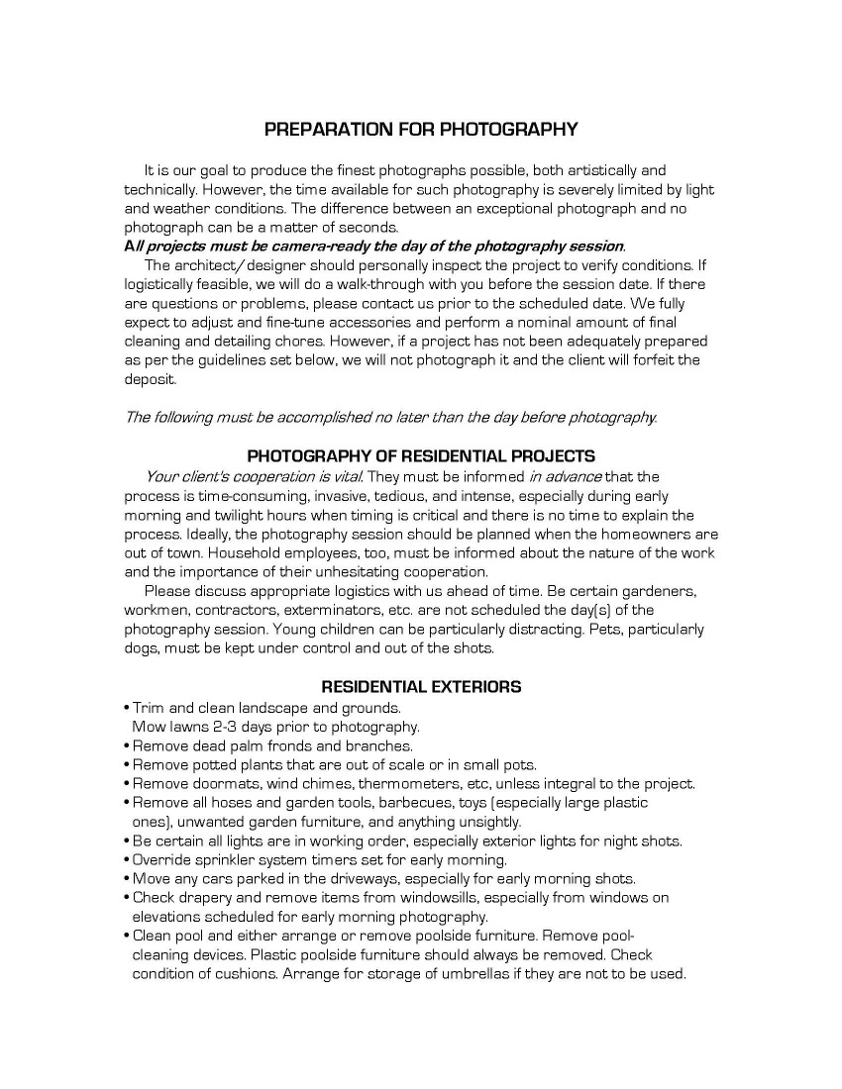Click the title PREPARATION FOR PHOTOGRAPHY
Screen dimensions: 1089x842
click(420, 130)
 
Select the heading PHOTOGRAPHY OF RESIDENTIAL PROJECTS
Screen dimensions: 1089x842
click(420, 456)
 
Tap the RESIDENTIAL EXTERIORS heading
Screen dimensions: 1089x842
click(421, 686)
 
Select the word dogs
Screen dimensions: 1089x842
click(143, 648)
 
